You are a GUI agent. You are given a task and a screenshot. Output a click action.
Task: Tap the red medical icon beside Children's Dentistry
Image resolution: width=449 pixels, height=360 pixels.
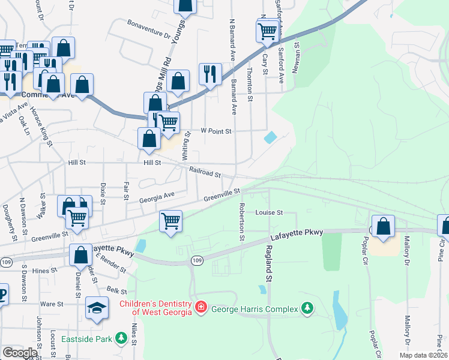click(200, 308)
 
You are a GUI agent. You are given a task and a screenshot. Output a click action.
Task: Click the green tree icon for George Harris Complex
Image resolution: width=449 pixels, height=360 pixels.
click(307, 308)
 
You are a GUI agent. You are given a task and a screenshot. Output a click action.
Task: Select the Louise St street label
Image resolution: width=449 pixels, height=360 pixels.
click(268, 212)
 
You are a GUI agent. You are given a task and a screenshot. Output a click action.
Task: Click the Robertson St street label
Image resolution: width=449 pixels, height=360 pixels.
click(242, 221)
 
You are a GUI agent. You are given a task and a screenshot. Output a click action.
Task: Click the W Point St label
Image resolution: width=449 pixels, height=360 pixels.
click(216, 130)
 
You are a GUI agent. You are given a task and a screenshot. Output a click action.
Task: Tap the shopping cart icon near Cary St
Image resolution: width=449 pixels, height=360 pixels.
click(267, 31)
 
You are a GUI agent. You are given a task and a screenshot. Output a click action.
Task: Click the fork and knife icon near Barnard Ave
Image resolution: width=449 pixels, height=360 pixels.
click(209, 74)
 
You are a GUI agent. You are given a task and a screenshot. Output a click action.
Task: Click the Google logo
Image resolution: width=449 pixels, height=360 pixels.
click(20, 353)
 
